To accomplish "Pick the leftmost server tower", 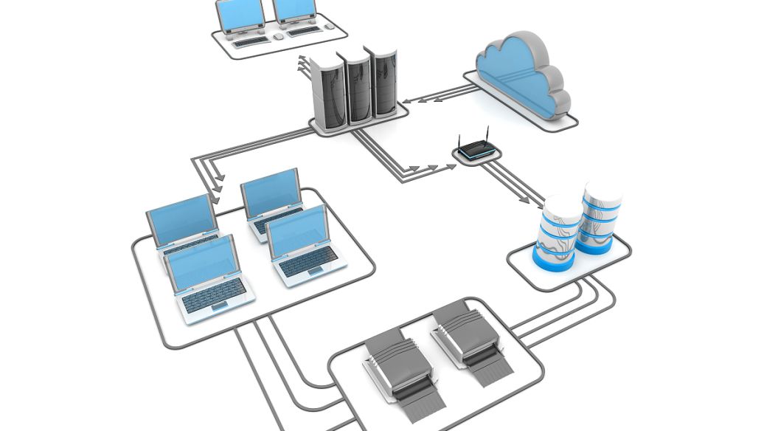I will tap(329, 96).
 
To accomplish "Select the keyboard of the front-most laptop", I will tap(214, 295).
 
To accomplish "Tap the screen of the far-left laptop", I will tap(181, 219).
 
